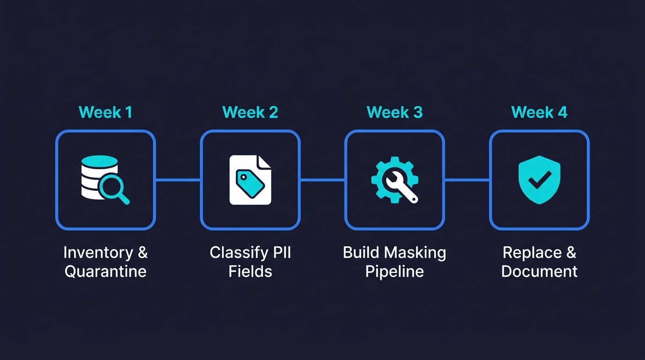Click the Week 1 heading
tap(105, 112)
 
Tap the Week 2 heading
tap(250, 112)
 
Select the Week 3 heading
tap(394, 112)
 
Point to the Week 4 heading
tap(539, 112)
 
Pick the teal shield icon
tap(539, 180)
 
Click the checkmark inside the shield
tap(539, 178)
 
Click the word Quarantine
tap(105, 271)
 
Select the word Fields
tap(250, 271)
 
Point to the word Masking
tap(418, 253)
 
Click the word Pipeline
tap(394, 271)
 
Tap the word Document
tap(539, 271)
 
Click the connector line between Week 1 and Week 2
tap(178, 180)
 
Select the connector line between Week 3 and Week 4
tap(467, 180)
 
